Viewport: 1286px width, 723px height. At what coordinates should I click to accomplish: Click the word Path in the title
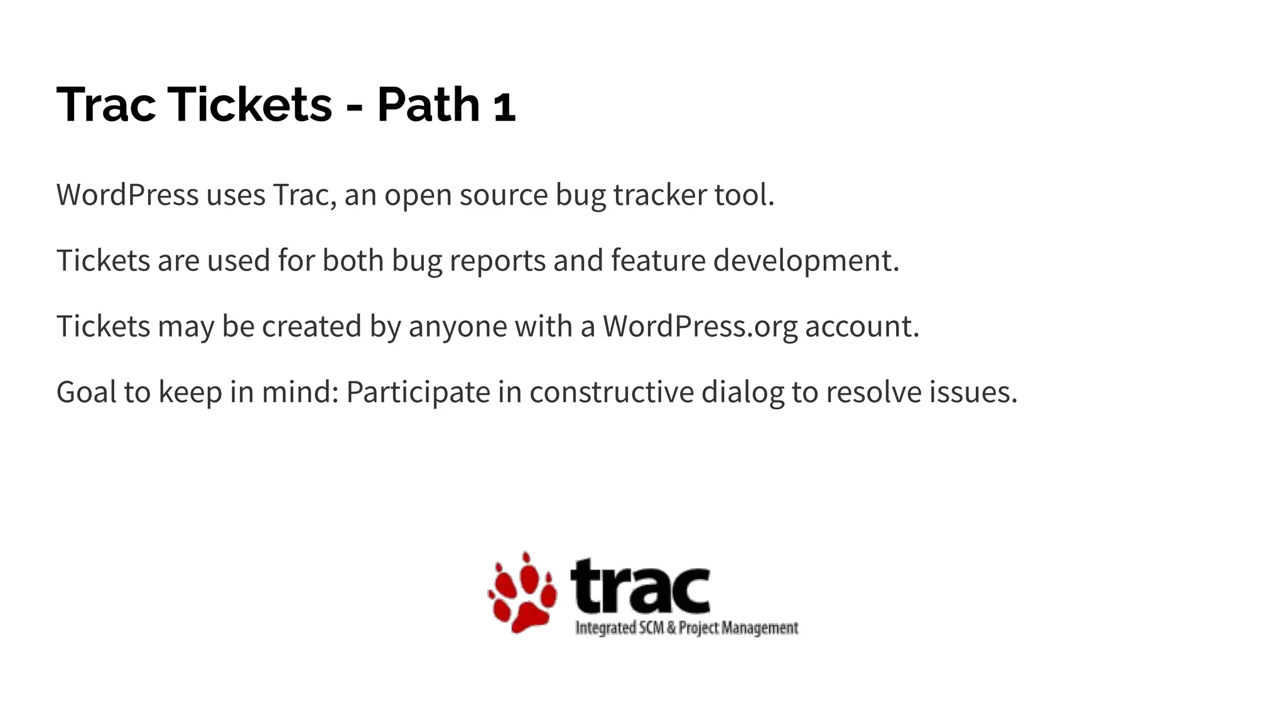[428, 104]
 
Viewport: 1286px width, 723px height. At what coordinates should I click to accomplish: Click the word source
[504, 195]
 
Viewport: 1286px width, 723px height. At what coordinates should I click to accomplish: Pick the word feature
[658, 260]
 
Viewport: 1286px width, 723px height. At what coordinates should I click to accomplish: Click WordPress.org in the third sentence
[700, 326]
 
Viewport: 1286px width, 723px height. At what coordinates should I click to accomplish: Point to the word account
[862, 326]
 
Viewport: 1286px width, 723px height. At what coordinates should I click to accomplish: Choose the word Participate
[418, 392]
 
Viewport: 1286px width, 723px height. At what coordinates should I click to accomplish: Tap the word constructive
[611, 392]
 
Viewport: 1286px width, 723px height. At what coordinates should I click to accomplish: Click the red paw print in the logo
[522, 593]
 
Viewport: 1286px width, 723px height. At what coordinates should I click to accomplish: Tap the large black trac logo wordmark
[640, 586]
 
